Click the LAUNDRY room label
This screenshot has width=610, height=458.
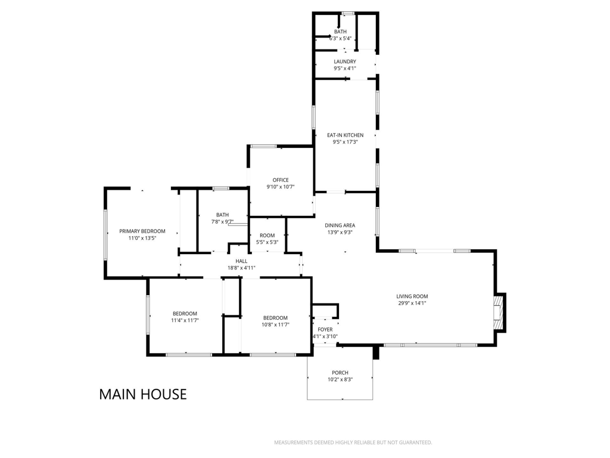(345, 61)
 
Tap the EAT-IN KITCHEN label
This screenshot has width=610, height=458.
(345, 135)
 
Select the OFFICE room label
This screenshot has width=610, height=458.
(281, 180)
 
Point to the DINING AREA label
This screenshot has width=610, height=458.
(340, 225)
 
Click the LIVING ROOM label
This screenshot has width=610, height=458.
(412, 296)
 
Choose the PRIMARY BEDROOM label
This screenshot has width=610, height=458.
(142, 231)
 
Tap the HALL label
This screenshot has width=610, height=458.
(241, 261)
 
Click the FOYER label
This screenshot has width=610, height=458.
(325, 329)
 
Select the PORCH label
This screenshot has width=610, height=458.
(340, 373)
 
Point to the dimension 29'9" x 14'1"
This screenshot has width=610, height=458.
(412, 303)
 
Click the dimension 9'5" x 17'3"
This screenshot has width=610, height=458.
(345, 142)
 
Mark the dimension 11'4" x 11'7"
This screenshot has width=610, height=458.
(185, 320)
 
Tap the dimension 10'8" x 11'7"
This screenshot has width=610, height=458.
(275, 325)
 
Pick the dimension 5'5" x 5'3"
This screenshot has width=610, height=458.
(267, 242)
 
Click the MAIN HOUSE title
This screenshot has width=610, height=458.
(143, 394)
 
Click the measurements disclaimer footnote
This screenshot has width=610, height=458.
(353, 442)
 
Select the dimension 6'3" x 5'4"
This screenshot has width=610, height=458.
(340, 39)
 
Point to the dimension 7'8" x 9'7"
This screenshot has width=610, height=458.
(223, 222)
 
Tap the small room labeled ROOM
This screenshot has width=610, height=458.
(267, 235)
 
